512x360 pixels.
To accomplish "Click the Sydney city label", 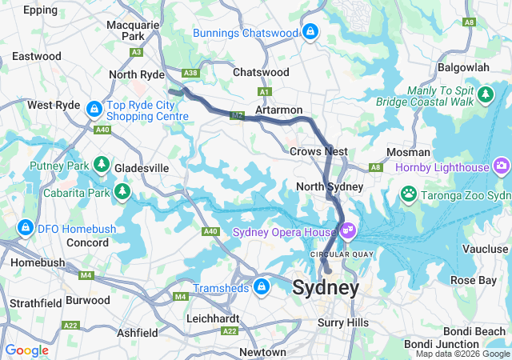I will [x=326, y=288].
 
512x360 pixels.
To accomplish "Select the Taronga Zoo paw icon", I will [x=409, y=194].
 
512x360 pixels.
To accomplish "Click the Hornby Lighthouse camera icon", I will [x=502, y=166].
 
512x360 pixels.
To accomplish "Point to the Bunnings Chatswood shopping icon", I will [x=310, y=32].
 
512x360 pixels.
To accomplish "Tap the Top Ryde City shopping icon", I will [x=94, y=107].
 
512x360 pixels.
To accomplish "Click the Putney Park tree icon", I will [x=101, y=165].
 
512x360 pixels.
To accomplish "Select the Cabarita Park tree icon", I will [x=122, y=191].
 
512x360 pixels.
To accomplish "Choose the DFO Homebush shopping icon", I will [x=26, y=228].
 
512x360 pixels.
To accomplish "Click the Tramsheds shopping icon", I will [x=262, y=286].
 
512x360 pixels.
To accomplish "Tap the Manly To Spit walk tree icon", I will [x=485, y=96].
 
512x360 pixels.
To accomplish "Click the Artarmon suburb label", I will [x=278, y=109].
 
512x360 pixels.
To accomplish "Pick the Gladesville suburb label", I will [x=141, y=169].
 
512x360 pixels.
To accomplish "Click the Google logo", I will [x=27, y=350].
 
